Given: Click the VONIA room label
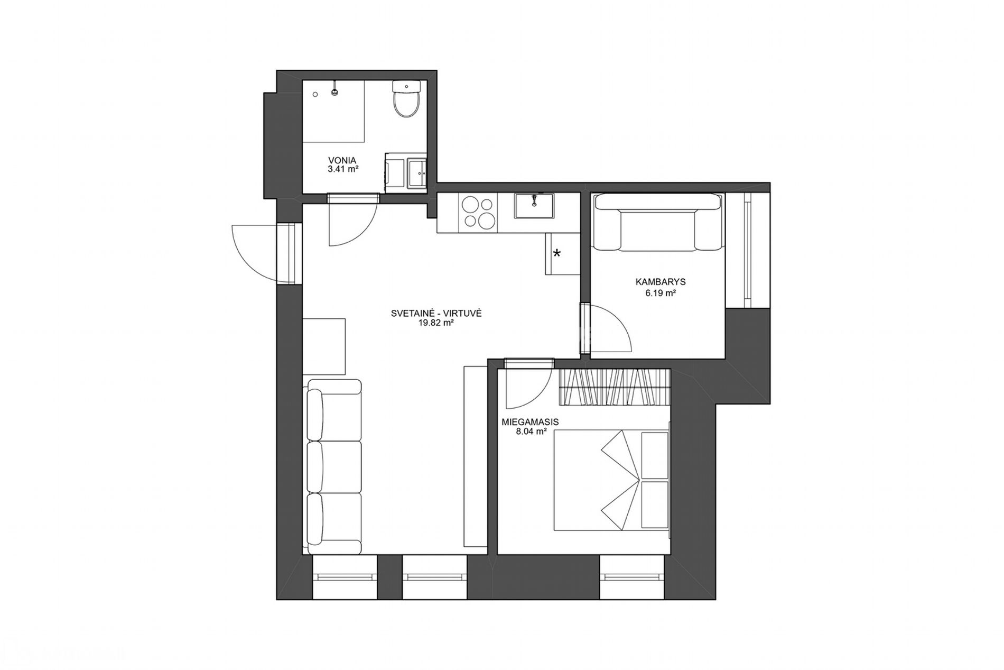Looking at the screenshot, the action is point(342,160).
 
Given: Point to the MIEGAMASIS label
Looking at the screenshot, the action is point(529,423).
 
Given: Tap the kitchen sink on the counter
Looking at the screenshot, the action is point(535,206).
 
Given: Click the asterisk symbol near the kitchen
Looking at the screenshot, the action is point(557,253).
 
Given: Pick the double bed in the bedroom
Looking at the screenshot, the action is point(611,480).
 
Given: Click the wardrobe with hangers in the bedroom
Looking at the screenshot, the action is point(614,388).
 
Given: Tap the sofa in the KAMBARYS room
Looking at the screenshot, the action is point(657,222).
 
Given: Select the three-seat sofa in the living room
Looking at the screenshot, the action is point(334,466).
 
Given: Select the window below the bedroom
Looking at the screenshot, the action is point(631,577).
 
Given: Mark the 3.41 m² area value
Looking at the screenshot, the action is point(343,169).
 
